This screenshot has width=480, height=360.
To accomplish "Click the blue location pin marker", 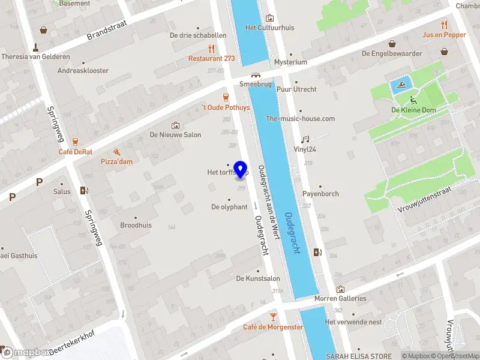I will (x=241, y=169).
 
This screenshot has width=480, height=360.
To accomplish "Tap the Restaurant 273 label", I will (x=212, y=59).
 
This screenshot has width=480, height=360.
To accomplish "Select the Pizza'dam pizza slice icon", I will (x=115, y=152).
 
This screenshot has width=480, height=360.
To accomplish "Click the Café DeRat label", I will (x=76, y=152).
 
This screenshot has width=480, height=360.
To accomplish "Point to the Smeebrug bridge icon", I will (x=256, y=76).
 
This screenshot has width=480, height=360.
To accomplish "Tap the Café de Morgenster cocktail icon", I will (x=273, y=316).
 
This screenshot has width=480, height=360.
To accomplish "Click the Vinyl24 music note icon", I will (x=305, y=139).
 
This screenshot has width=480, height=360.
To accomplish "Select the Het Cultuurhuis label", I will (x=269, y=28).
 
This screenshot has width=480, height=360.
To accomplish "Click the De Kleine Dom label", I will (x=413, y=110).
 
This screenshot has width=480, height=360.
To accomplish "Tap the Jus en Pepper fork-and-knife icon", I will (x=444, y=25).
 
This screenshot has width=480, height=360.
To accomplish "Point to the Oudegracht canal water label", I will (x=293, y=233).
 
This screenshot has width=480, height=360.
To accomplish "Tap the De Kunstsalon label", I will (x=258, y=278).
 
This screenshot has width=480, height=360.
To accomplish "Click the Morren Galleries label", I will (x=340, y=298).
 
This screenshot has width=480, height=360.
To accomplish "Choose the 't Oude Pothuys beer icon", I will (x=226, y=97).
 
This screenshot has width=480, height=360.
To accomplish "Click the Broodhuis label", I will (x=136, y=226).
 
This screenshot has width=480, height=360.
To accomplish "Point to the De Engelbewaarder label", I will (x=391, y=53).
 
